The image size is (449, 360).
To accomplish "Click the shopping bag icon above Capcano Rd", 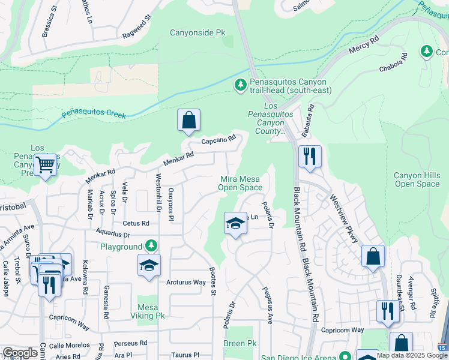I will point(188,120).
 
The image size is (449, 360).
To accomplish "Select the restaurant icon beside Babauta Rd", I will point(310,157).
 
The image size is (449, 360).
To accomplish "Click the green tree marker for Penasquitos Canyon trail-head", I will point(240,85).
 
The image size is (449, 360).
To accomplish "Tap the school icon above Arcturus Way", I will point(149,265).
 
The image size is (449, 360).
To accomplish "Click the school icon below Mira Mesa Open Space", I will point(236,224).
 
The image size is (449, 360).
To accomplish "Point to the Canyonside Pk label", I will point(197,32).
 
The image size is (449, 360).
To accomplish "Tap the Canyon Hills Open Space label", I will point(417,179).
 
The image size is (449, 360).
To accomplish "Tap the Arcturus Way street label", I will point(186,282).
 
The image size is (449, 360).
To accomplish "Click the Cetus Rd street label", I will point(136,223).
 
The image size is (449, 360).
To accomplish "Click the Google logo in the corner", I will point(20,353).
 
